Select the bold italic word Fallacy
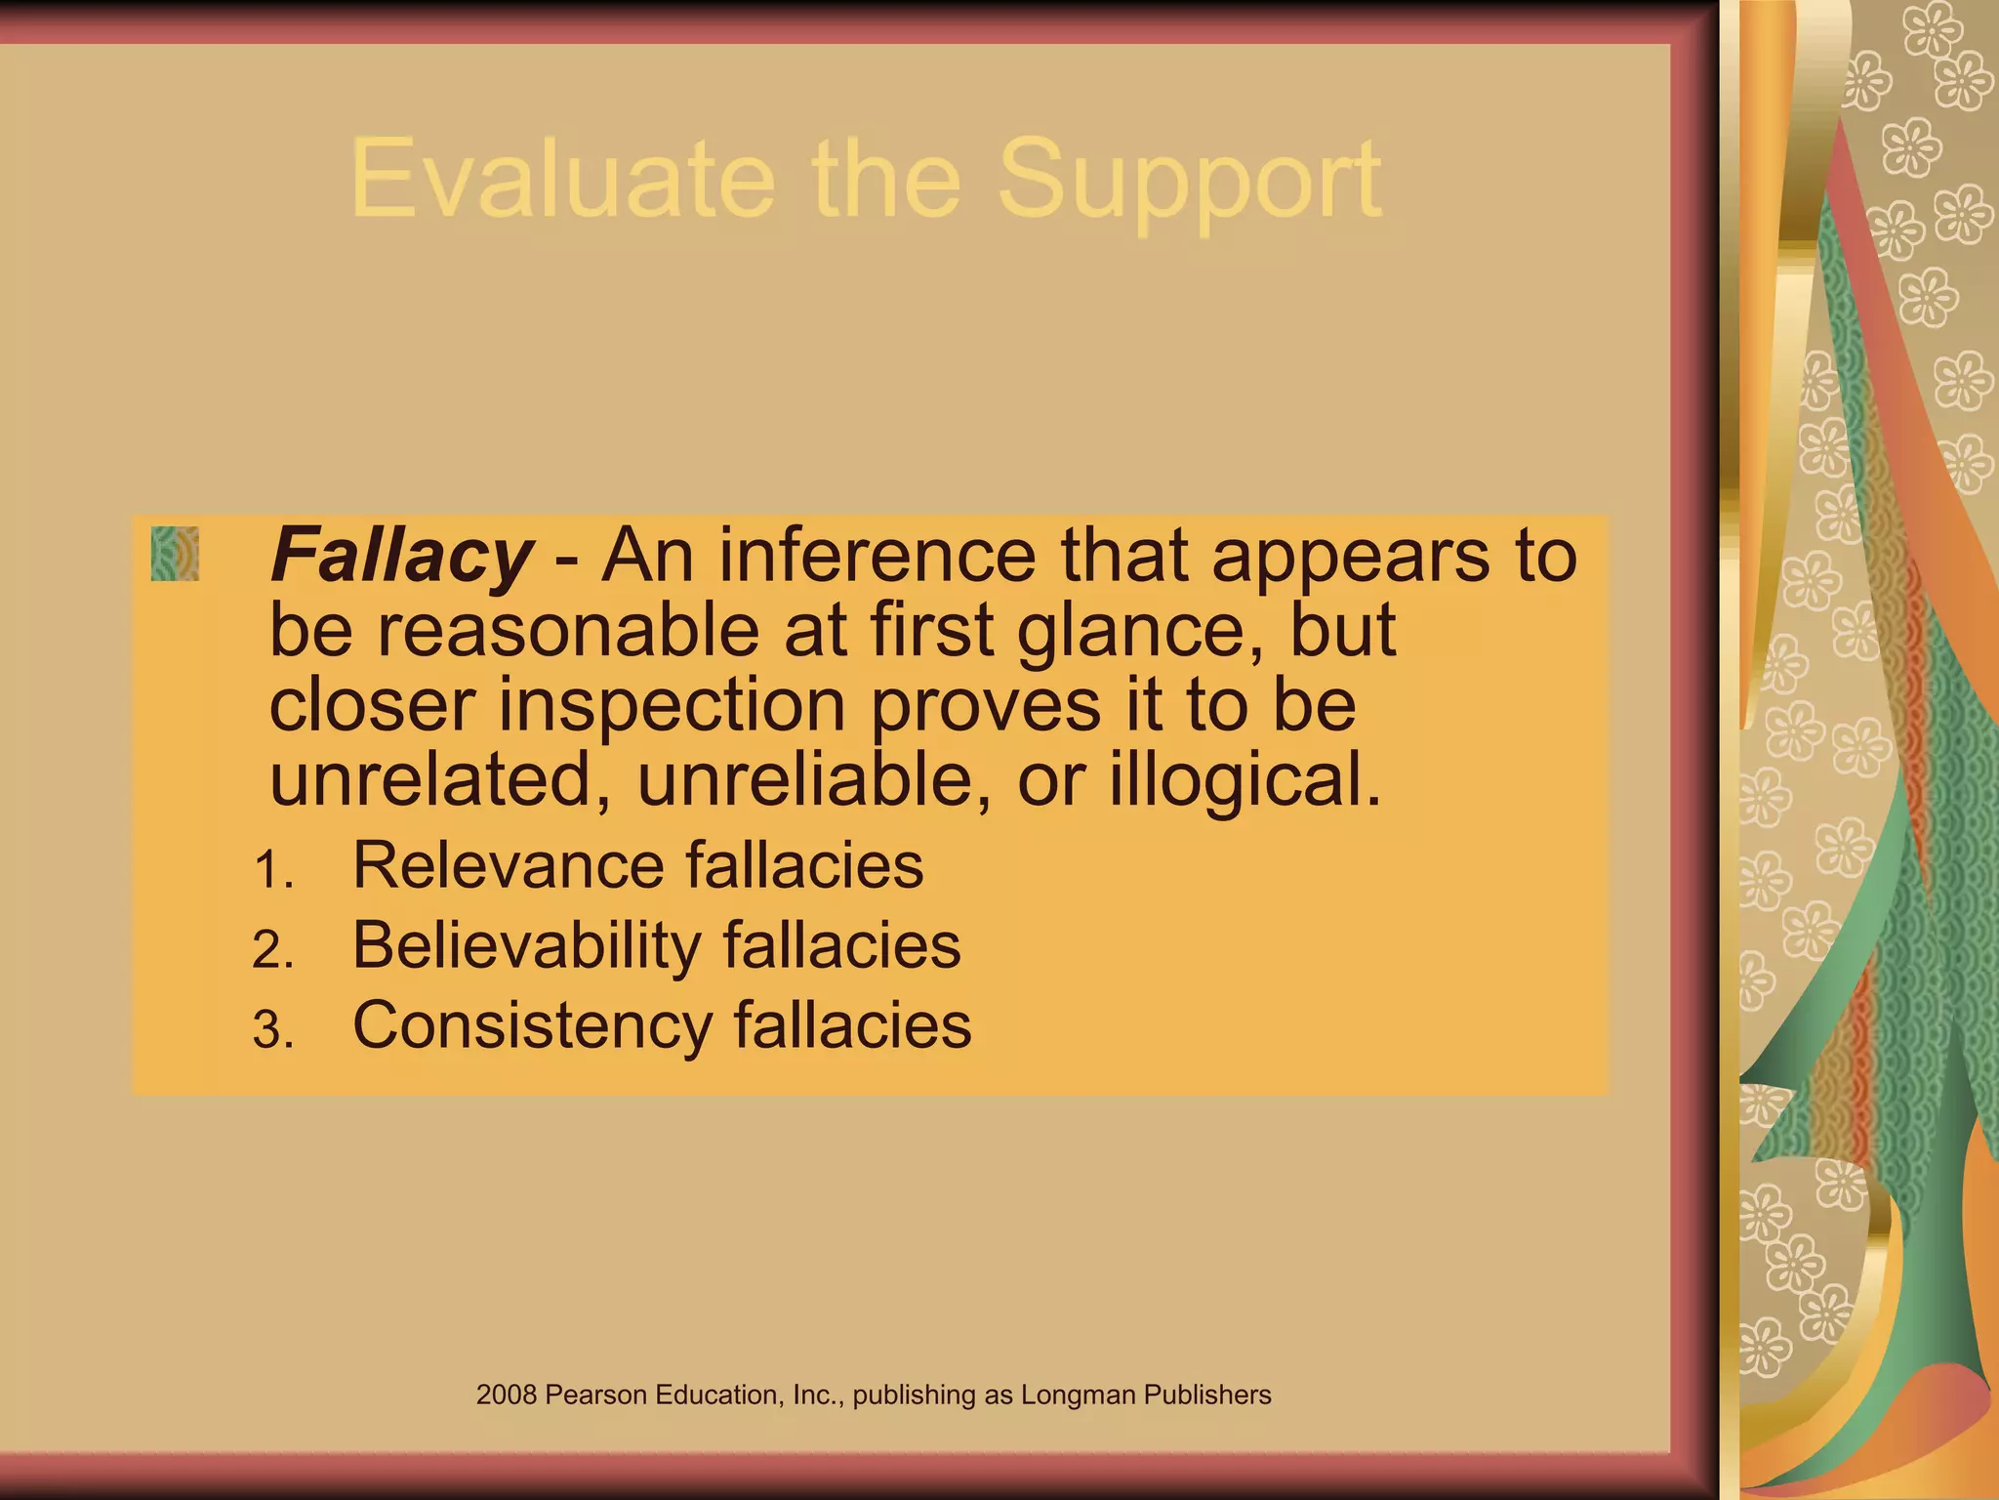[401, 556]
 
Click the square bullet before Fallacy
[175, 554]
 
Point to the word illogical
[1244, 781]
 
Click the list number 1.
[272, 868]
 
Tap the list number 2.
[273, 949]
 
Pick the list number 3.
[273, 1029]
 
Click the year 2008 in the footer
[507, 1395]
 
